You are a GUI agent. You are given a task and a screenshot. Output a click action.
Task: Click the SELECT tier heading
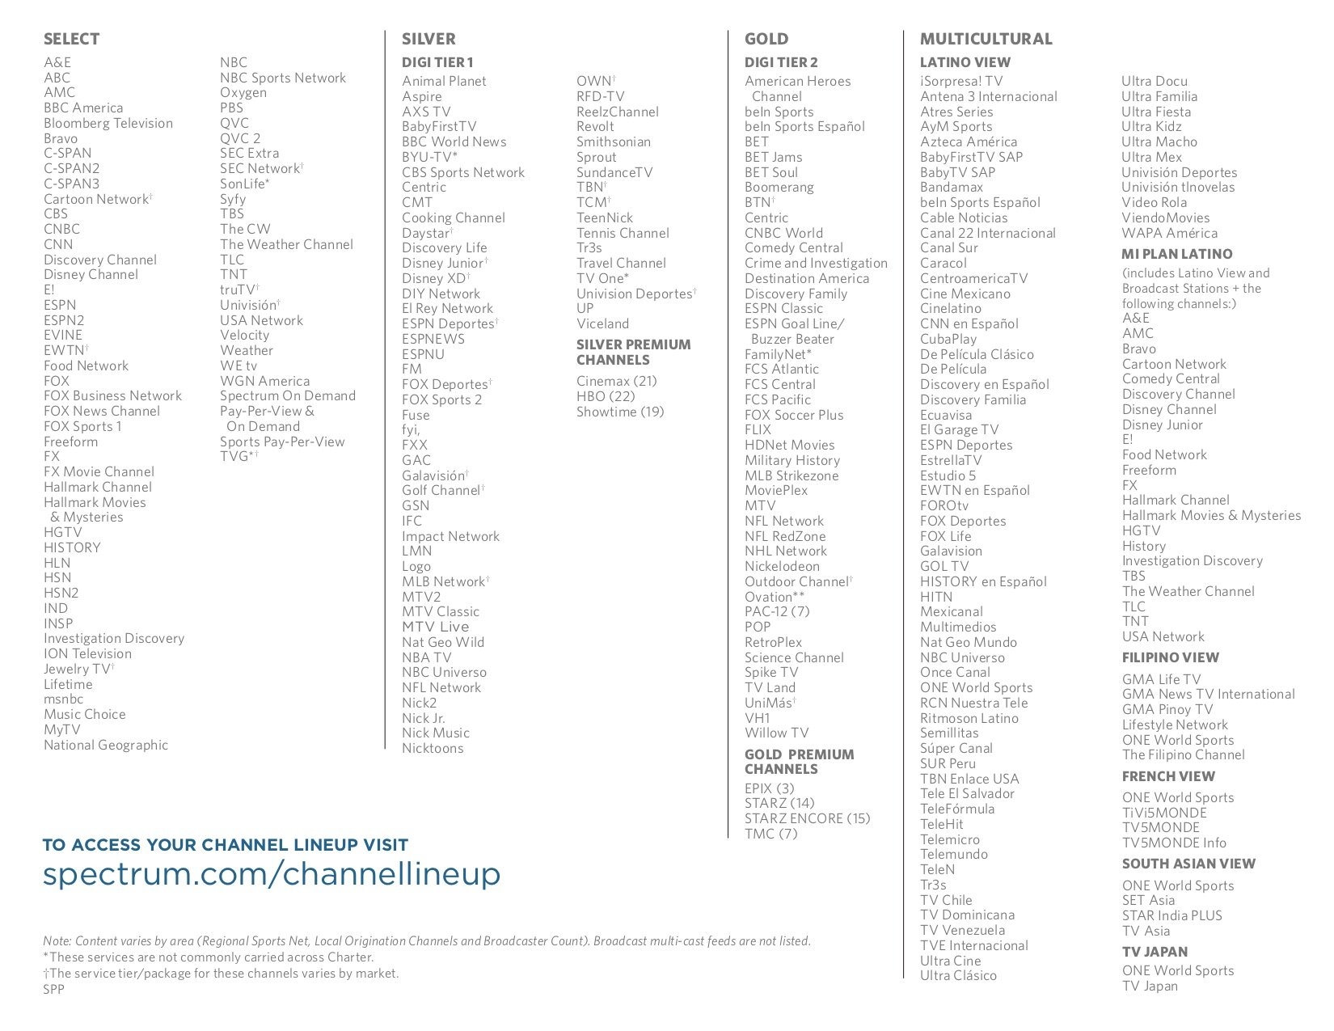(71, 39)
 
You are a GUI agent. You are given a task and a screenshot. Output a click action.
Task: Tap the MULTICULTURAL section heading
(986, 39)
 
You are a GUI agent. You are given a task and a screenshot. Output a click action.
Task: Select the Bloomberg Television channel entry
(108, 123)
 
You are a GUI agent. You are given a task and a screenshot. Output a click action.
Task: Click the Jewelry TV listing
(78, 669)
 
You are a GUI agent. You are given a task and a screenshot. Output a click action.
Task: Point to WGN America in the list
(264, 381)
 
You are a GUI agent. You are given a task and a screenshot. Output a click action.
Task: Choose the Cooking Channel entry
(453, 218)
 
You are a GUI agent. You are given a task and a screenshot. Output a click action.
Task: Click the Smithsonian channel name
(613, 142)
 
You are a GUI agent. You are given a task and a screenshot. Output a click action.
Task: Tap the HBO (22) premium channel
(606, 396)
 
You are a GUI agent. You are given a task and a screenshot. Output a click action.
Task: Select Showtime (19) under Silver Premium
(619, 412)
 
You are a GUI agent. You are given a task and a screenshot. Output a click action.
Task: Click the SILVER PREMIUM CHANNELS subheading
(633, 352)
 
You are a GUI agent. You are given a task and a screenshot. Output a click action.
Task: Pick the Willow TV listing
(776, 733)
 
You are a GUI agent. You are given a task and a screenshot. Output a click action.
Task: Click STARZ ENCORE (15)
(807, 818)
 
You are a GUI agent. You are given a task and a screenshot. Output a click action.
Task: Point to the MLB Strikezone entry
(791, 475)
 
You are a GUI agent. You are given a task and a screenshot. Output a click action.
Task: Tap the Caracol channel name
(943, 263)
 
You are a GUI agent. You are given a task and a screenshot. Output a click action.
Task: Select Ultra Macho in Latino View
(1159, 142)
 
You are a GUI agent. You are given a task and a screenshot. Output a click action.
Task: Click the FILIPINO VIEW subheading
(1170, 657)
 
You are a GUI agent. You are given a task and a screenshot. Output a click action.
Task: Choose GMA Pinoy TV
(1167, 709)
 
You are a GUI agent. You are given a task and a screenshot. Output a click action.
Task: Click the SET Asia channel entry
(1148, 900)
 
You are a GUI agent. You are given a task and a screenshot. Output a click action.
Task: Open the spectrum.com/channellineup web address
(271, 873)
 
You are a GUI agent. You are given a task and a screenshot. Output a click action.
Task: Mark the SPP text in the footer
(53, 989)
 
